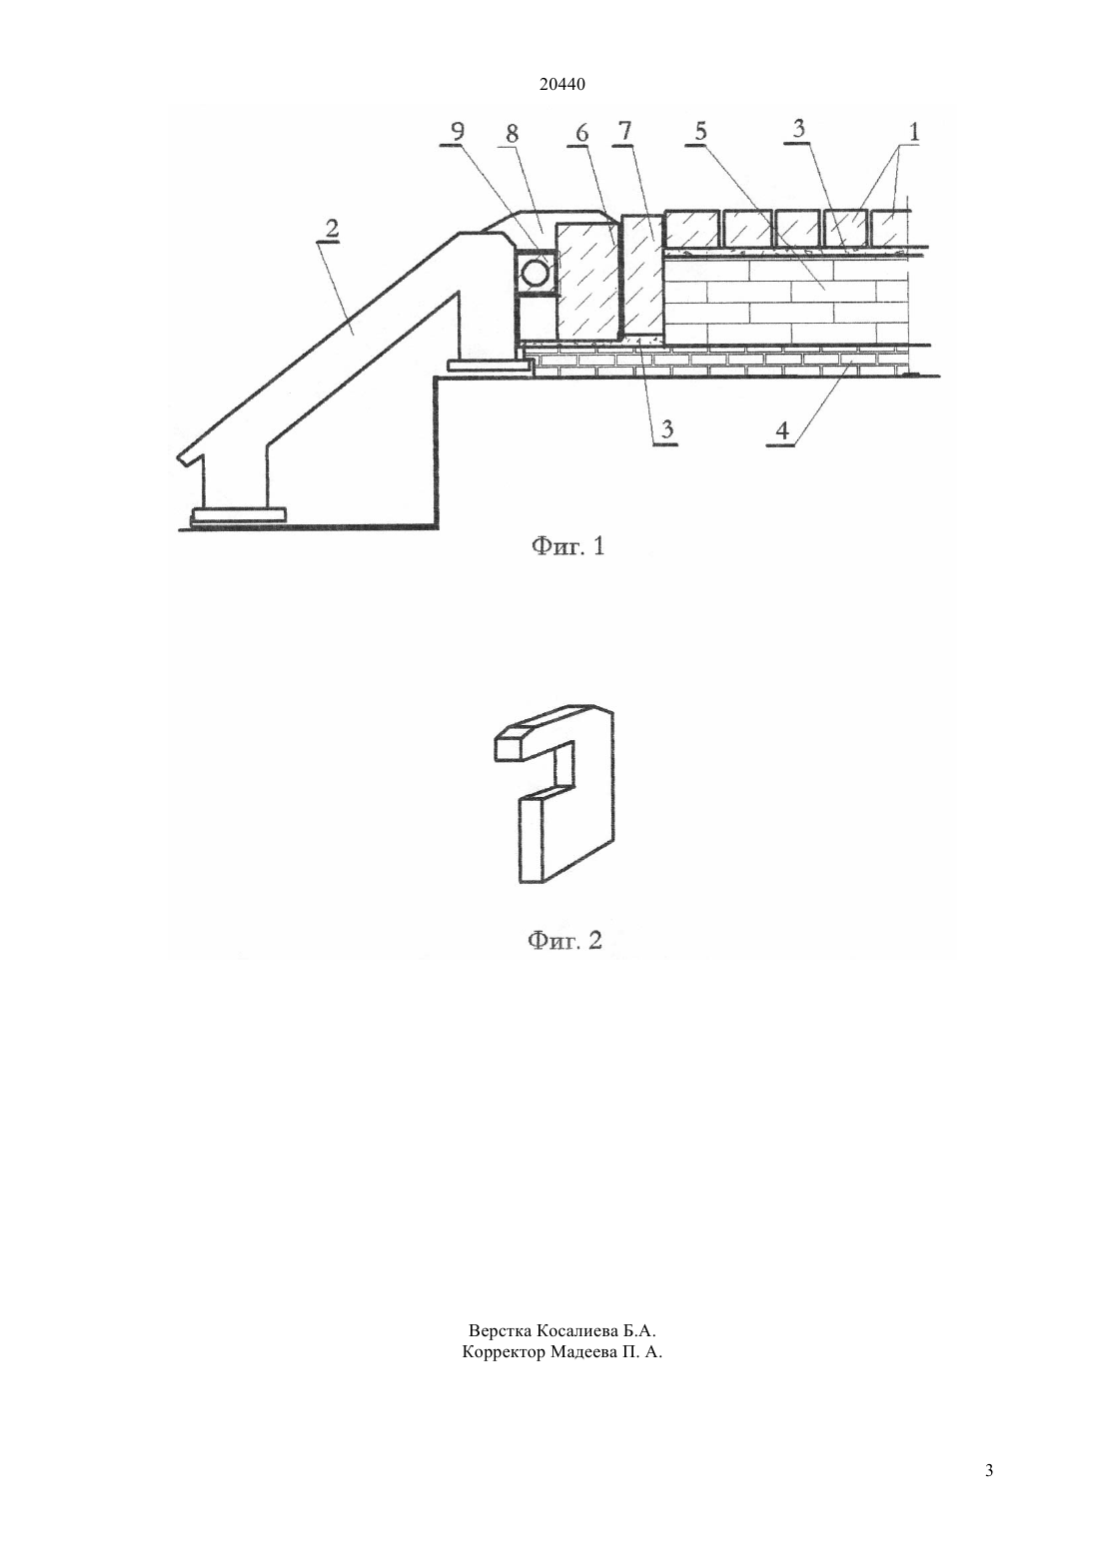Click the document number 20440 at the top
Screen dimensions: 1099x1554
point(561,85)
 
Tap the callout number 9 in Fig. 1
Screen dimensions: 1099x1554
point(458,133)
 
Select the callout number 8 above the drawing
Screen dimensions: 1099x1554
point(512,134)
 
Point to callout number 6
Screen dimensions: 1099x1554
point(581,133)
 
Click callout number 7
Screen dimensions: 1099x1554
point(625,131)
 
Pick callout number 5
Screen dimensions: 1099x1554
point(700,132)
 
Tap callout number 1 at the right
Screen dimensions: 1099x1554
point(914,132)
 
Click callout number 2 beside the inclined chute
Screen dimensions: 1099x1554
point(333,230)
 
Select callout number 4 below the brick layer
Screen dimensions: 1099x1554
point(782,430)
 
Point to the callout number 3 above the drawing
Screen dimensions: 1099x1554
point(799,129)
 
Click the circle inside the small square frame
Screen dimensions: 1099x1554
point(535,274)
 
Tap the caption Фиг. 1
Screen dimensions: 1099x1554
point(568,546)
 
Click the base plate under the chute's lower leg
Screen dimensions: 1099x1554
point(238,514)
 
